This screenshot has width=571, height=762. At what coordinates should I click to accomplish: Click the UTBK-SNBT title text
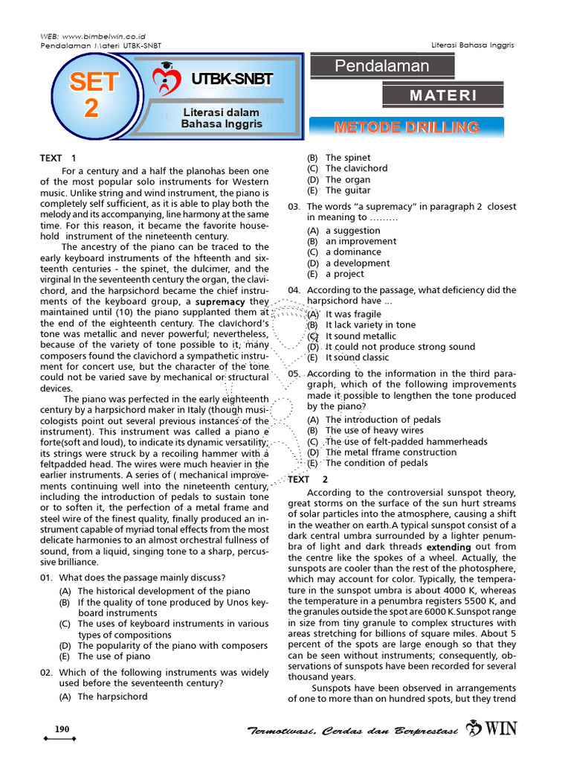232,80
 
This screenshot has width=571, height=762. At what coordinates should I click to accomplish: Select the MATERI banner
443,95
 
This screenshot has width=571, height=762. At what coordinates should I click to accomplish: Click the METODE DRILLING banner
406,127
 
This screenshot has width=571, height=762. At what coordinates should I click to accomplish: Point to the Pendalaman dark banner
382,65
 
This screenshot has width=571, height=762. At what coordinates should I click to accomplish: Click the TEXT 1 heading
58,158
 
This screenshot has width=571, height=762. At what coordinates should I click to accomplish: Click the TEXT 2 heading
308,480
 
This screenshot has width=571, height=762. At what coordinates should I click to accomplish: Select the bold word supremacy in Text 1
220,302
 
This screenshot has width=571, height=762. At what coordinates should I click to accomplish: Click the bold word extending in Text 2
449,546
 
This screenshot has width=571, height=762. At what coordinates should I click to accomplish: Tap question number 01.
47,577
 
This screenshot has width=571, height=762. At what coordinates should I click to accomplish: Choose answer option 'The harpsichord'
112,697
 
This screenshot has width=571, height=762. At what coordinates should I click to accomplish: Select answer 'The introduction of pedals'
383,420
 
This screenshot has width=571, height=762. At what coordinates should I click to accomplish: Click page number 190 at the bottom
60,729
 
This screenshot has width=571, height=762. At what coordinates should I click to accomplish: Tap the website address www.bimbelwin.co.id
104,36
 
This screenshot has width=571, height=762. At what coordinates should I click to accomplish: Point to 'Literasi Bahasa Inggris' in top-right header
473,45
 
